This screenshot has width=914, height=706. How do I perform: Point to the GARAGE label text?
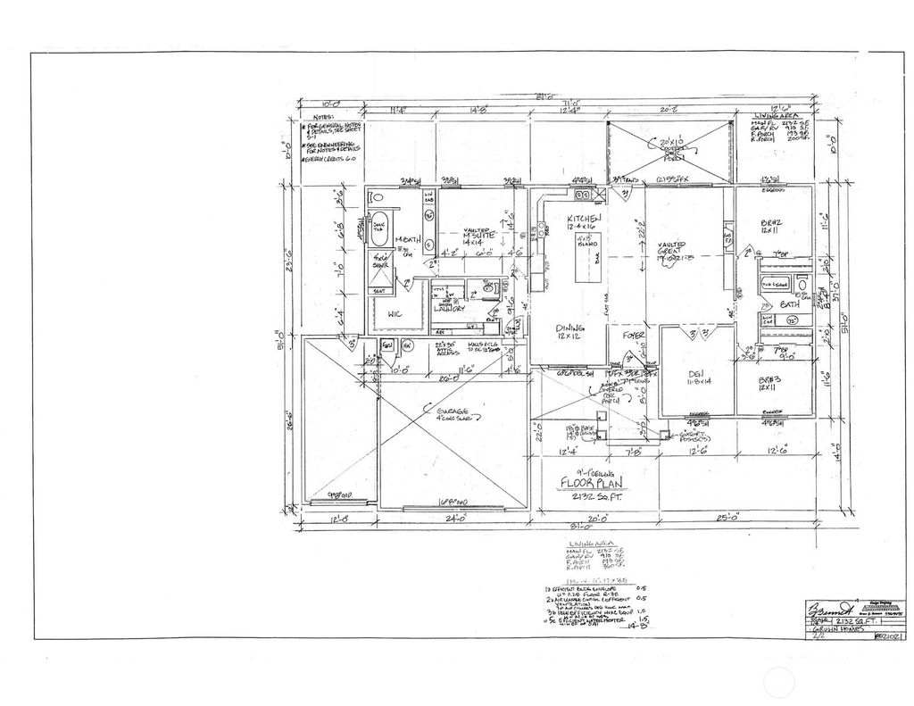tap(446, 414)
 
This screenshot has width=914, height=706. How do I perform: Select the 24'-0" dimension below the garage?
tap(457, 517)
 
